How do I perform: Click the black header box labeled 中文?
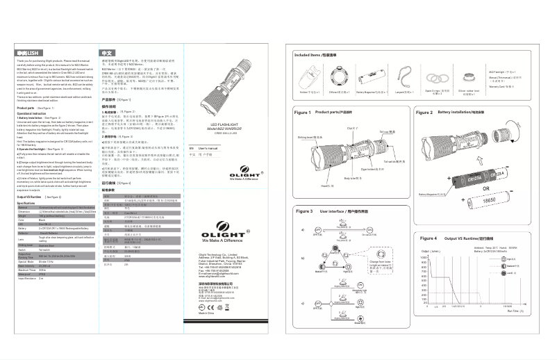pos(108,53)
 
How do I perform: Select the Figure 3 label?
pos(304,210)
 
